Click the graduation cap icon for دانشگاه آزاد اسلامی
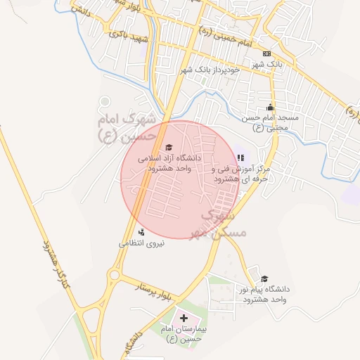click(x=168, y=147)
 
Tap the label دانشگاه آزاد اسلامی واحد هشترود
click(x=169, y=163)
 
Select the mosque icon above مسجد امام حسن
click(x=271, y=108)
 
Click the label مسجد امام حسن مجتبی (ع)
click(x=271, y=122)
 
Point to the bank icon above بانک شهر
click(x=266, y=53)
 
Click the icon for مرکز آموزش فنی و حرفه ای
click(x=241, y=158)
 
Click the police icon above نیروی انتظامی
click(x=141, y=231)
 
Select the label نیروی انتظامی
click(x=141, y=243)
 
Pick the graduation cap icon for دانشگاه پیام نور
click(x=264, y=278)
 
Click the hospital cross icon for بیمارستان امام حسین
click(x=184, y=319)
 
